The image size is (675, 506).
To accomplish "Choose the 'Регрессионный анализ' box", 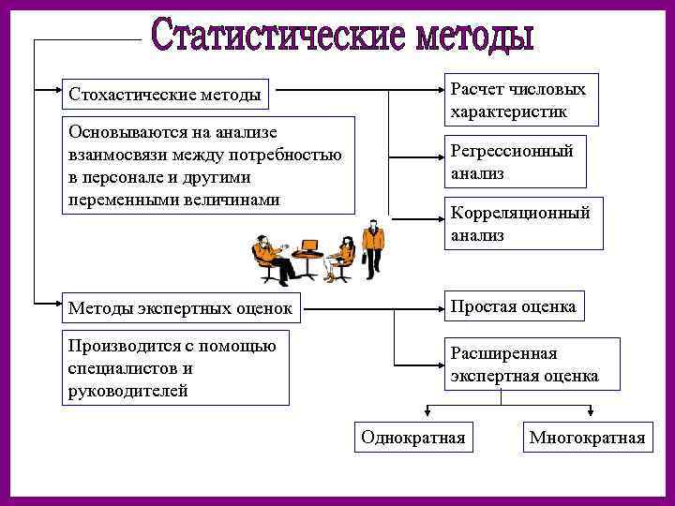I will [517, 161].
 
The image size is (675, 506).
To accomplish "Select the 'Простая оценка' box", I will [512, 306].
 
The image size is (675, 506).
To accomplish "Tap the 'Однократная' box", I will [413, 438].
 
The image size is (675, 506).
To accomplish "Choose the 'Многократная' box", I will [587, 438].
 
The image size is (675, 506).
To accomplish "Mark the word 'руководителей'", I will [127, 390].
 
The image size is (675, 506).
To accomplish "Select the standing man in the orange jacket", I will [373, 244].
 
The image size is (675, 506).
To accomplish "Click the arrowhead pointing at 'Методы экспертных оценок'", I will [54, 304].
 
